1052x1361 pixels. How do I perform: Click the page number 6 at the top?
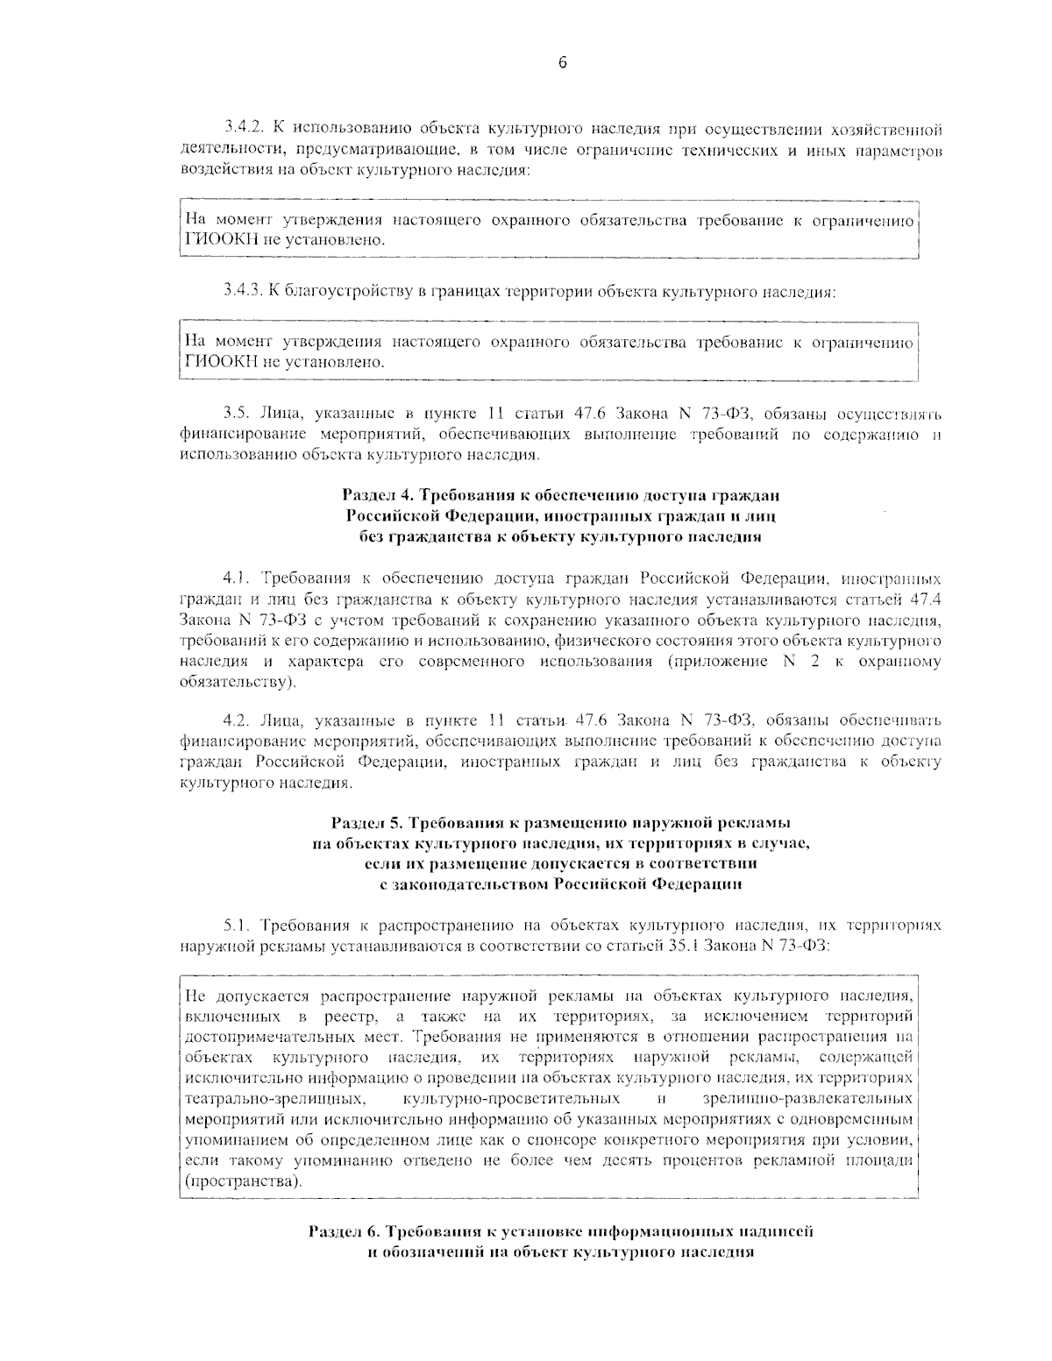coord(562,62)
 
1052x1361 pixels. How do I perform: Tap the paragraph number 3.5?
coord(236,414)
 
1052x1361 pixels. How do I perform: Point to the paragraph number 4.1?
coord(236,578)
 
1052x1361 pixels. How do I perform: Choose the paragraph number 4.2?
coord(236,720)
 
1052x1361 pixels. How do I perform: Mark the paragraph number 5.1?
coord(236,925)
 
